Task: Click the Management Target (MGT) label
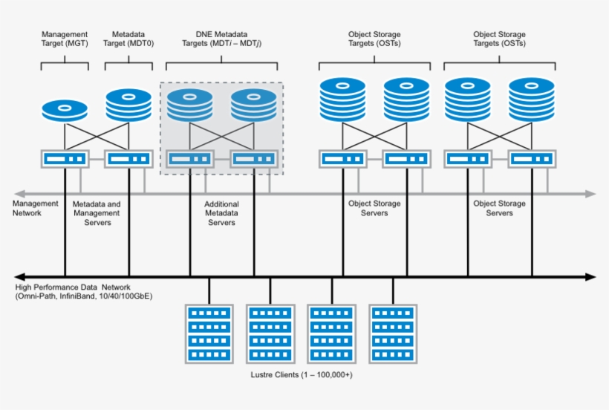(x=65, y=39)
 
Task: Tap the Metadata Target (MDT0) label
(x=128, y=39)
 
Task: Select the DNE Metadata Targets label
(x=221, y=39)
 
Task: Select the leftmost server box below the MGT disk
(x=65, y=159)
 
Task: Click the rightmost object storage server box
(x=531, y=159)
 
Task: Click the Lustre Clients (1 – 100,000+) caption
(x=302, y=375)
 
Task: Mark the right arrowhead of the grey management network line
(x=590, y=194)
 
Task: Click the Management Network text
(x=36, y=208)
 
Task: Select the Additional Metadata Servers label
(x=221, y=213)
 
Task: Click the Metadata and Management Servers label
(x=97, y=213)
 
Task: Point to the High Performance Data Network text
(x=73, y=287)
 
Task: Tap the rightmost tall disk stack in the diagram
(x=531, y=100)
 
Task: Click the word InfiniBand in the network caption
(x=76, y=296)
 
